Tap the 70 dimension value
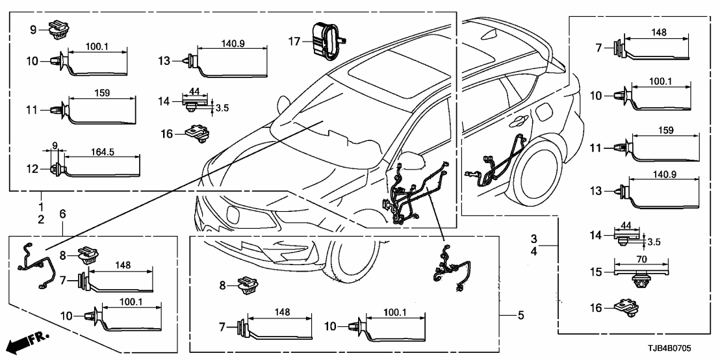click(641, 259)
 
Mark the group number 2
click(41, 220)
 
